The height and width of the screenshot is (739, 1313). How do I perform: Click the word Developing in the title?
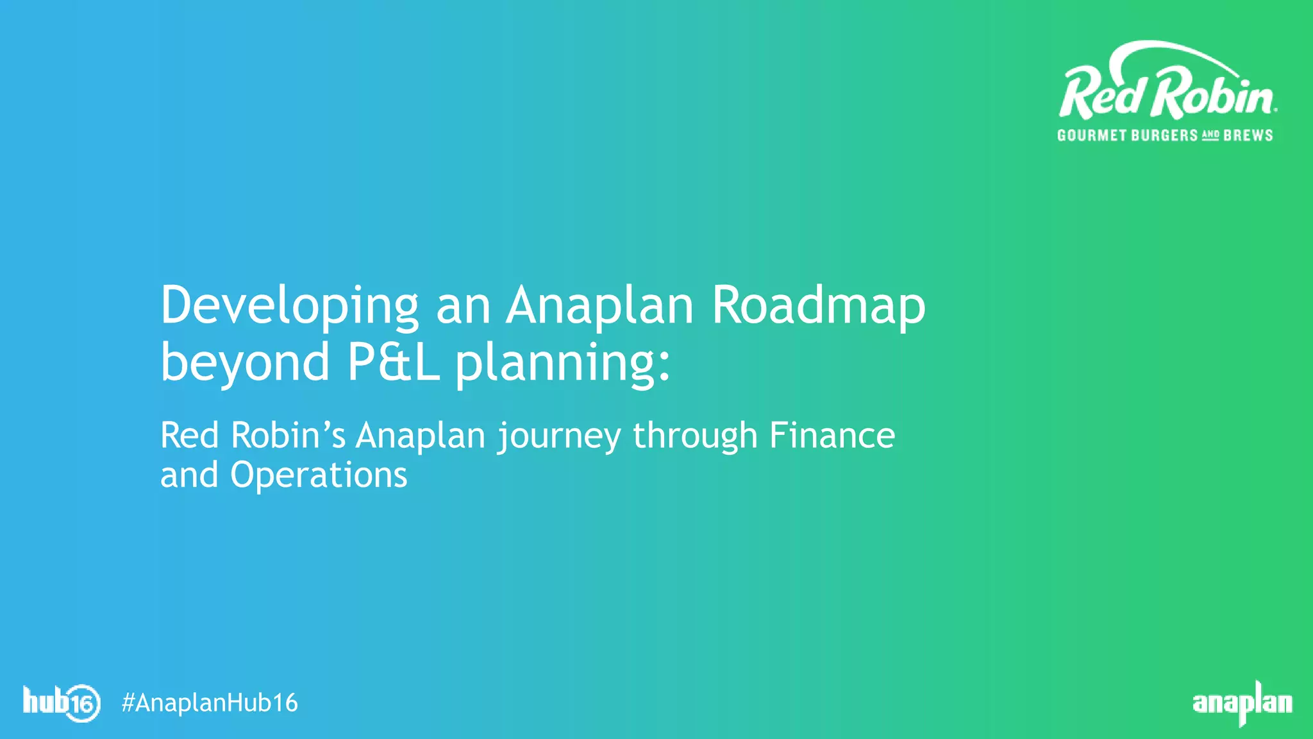(289, 307)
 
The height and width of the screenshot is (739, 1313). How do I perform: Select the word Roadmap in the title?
(819, 307)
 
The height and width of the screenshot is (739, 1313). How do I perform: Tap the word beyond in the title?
(245, 362)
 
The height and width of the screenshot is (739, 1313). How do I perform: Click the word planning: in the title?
(562, 364)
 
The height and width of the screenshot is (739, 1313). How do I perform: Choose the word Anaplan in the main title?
(599, 307)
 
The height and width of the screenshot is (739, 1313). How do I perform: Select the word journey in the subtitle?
(559, 437)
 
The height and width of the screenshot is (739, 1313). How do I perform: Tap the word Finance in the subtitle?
(832, 436)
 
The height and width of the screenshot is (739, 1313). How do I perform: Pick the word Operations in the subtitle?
(319, 476)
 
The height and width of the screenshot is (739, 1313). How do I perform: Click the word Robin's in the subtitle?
(288, 436)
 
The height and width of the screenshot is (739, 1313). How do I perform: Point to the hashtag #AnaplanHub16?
(210, 703)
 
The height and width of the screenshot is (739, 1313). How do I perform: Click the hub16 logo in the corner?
(62, 702)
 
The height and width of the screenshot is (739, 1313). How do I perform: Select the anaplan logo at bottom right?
(1242, 703)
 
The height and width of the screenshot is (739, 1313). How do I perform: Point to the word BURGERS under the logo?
(1164, 135)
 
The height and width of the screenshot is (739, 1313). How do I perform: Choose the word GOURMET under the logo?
(1092, 135)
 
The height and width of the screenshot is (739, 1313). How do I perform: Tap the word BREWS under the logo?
(1248, 135)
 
